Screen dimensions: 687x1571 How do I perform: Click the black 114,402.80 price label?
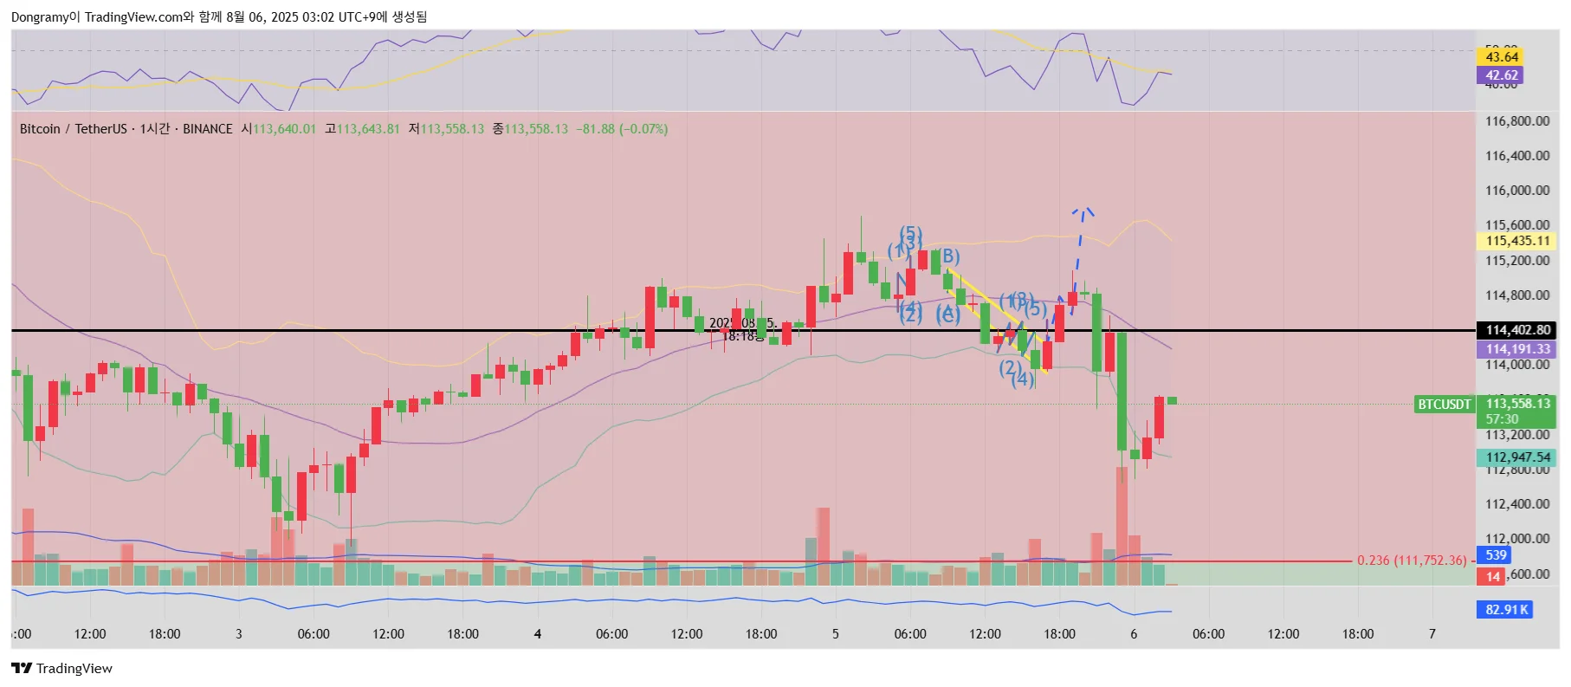1517,330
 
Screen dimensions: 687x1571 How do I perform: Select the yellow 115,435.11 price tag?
1517,241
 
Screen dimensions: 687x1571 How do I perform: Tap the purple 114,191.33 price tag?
1517,349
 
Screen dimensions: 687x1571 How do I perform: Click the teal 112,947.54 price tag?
1517,457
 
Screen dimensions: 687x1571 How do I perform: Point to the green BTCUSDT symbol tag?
1444,404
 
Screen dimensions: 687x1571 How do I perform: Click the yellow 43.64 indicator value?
1502,57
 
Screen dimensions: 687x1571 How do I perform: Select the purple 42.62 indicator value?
1502,75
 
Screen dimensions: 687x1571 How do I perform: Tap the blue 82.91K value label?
1507,610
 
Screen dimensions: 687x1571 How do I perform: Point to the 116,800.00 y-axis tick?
1516,121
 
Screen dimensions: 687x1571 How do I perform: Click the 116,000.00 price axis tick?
1516,191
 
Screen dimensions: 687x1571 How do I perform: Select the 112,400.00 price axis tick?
1516,504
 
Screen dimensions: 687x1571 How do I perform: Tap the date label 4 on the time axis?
538,634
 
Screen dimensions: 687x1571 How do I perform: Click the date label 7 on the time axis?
1432,634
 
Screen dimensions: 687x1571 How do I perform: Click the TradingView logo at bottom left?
62,668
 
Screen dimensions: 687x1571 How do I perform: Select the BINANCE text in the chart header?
208,129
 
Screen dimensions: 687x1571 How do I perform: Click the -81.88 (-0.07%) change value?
622,129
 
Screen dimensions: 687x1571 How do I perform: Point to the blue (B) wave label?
949,256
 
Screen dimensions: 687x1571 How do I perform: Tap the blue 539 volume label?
1497,555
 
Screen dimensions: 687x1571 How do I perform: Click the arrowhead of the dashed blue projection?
1083,211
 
